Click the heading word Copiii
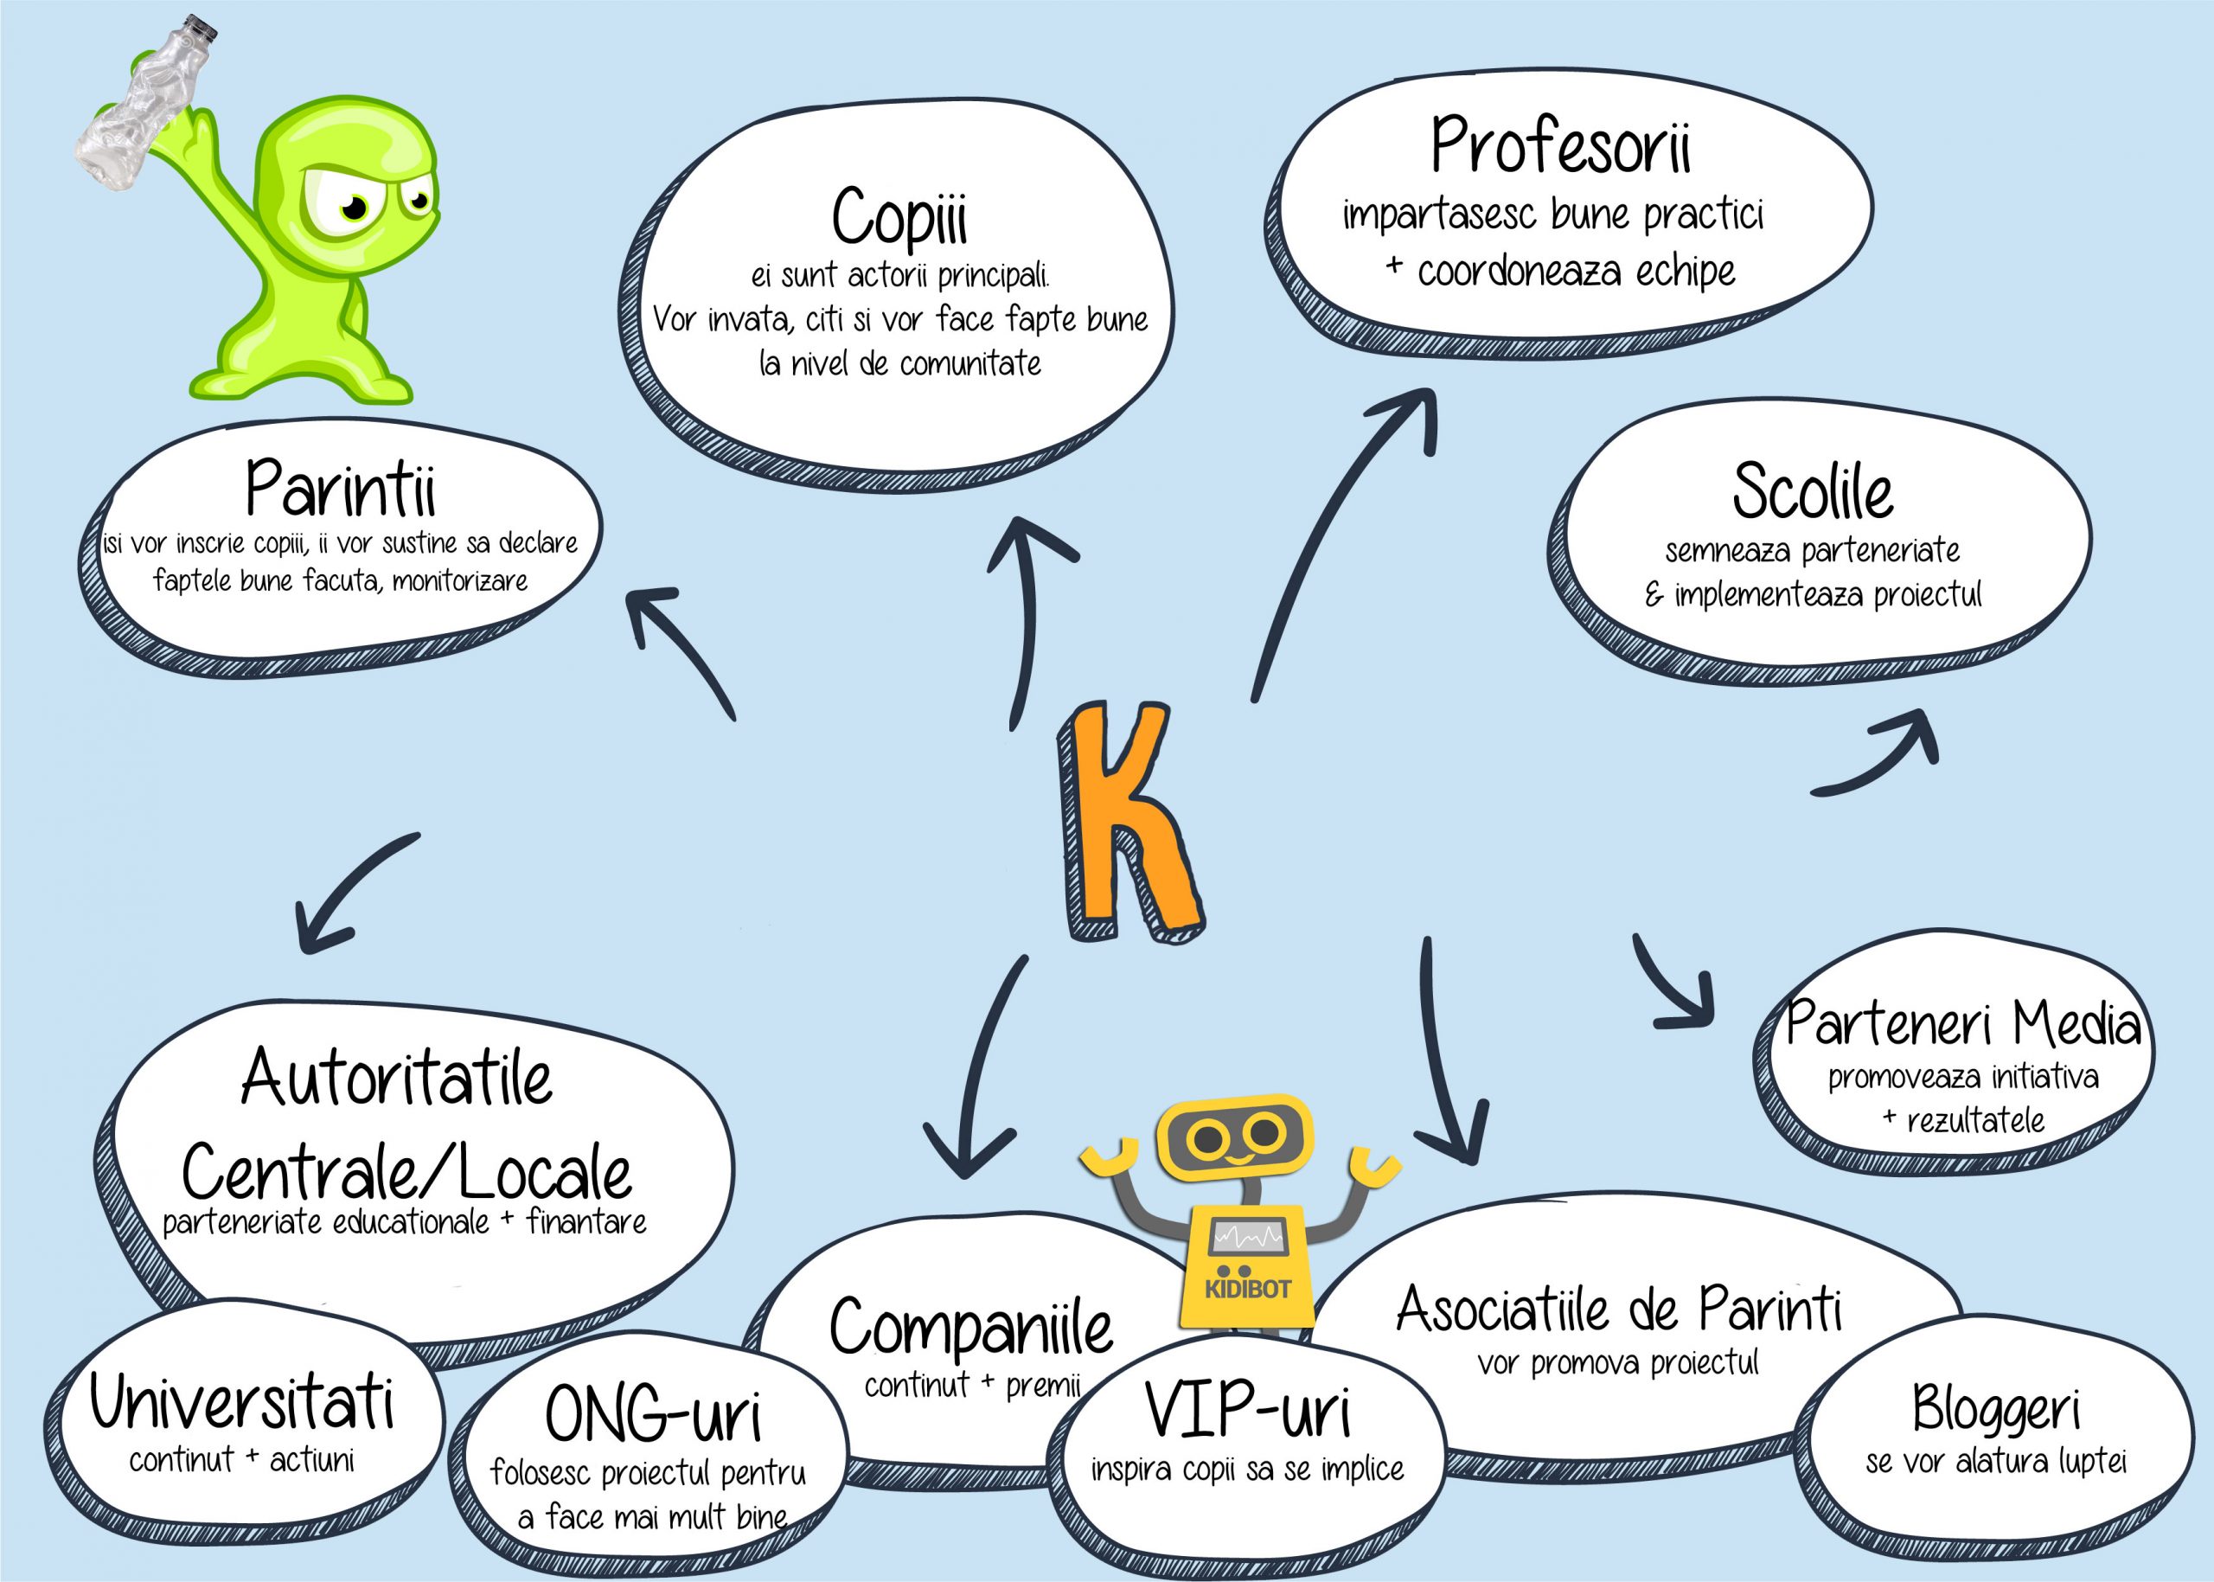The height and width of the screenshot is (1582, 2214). click(x=899, y=217)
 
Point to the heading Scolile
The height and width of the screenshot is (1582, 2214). click(x=1812, y=491)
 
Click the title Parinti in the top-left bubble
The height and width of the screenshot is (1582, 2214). click(x=340, y=488)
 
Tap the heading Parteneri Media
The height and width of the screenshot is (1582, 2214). click(x=1962, y=1024)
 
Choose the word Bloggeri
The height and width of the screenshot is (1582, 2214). click(x=1996, y=1407)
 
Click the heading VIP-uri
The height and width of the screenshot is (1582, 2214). click(x=1248, y=1410)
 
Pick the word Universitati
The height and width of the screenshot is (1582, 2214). click(x=242, y=1403)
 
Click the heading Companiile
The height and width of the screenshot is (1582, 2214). click(x=970, y=1327)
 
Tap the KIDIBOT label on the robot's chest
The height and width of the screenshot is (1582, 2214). click(x=1247, y=1289)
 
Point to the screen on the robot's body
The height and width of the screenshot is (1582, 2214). click(x=1248, y=1237)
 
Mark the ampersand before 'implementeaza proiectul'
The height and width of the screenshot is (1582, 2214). click(x=1654, y=594)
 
